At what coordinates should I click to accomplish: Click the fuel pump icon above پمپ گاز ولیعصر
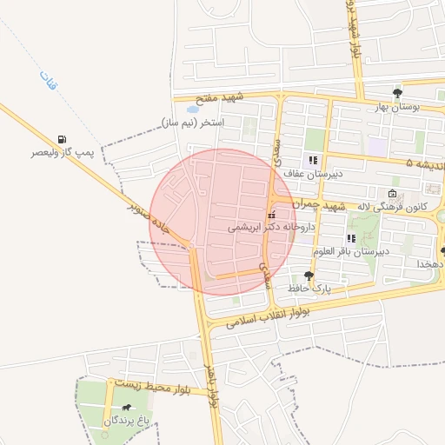tap(63, 139)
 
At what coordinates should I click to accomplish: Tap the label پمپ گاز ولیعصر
tap(62, 152)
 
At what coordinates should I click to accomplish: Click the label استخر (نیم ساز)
tap(192, 123)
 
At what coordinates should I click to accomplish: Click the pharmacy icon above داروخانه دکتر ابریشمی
tap(272, 214)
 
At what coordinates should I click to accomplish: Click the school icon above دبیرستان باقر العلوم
tap(351, 238)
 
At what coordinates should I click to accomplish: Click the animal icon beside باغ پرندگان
tap(126, 408)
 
